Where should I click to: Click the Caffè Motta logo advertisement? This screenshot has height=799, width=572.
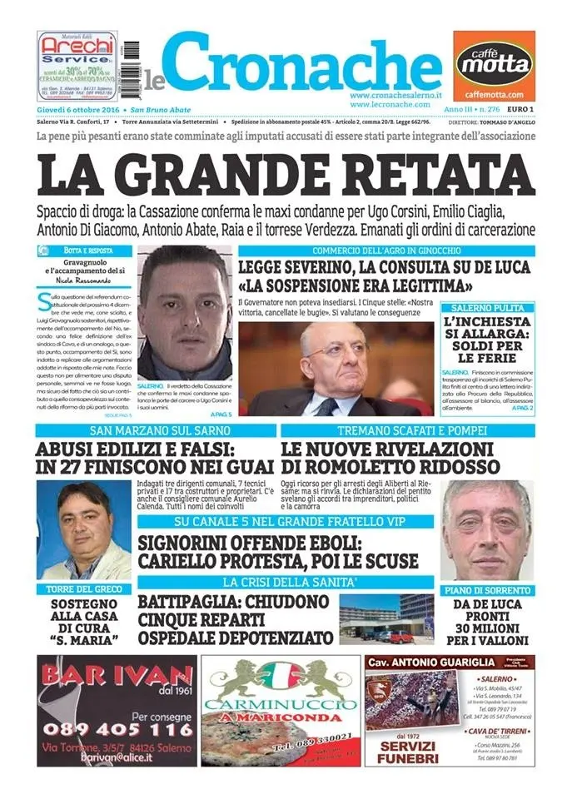pyautogui.click(x=494, y=65)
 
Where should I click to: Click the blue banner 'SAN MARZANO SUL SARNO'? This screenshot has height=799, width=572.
pyautogui.click(x=155, y=431)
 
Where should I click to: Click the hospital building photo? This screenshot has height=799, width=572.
pyautogui.click(x=386, y=618)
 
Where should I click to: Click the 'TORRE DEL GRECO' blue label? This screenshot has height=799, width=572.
pyautogui.click(x=82, y=588)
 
